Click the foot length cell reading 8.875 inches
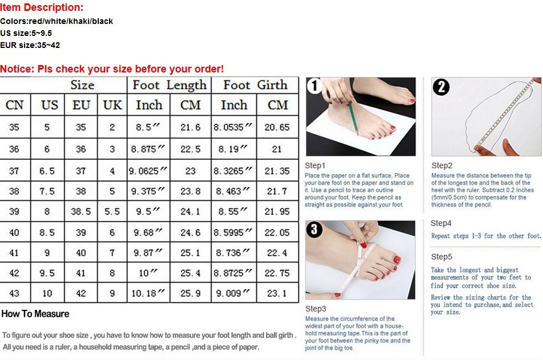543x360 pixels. point(148,149)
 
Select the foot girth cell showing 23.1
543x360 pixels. point(277,294)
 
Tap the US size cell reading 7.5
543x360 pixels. point(47,191)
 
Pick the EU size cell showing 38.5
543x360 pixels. point(81,212)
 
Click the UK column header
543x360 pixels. point(112,105)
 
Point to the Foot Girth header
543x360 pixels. point(256,85)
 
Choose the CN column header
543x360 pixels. point(14,105)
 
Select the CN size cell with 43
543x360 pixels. point(14,294)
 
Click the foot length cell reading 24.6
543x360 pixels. point(191,233)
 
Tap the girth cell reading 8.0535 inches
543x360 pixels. point(233,127)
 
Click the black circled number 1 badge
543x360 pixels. point(315,86)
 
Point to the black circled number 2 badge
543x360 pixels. point(441,87)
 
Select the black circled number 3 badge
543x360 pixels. point(314,229)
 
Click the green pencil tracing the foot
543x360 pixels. point(353,118)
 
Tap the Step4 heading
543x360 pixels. point(441,223)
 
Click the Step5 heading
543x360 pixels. point(441,257)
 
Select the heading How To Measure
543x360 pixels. point(35,314)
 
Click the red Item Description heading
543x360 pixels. point(42,7)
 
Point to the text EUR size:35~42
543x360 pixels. point(30,45)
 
